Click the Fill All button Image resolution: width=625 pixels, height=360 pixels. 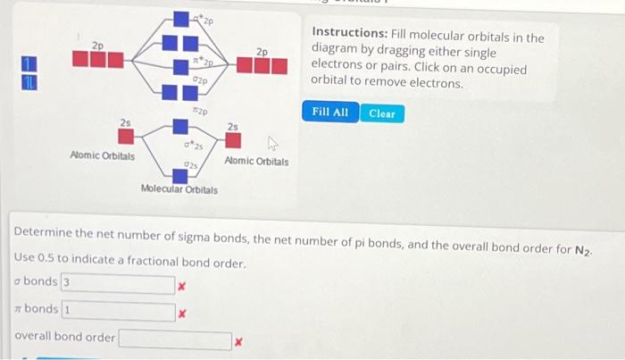tap(330, 113)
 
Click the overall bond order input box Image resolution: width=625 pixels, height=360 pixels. tap(175, 339)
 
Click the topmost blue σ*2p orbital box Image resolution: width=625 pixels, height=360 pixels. tap(181, 19)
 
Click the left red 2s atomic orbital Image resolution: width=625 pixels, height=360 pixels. tap(127, 137)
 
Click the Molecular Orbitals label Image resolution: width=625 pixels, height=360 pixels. tap(179, 189)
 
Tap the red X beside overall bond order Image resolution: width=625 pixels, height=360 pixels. tap(237, 341)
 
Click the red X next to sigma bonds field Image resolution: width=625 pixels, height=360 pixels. tap(180, 286)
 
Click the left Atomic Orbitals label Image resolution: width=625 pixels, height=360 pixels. tap(103, 155)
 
